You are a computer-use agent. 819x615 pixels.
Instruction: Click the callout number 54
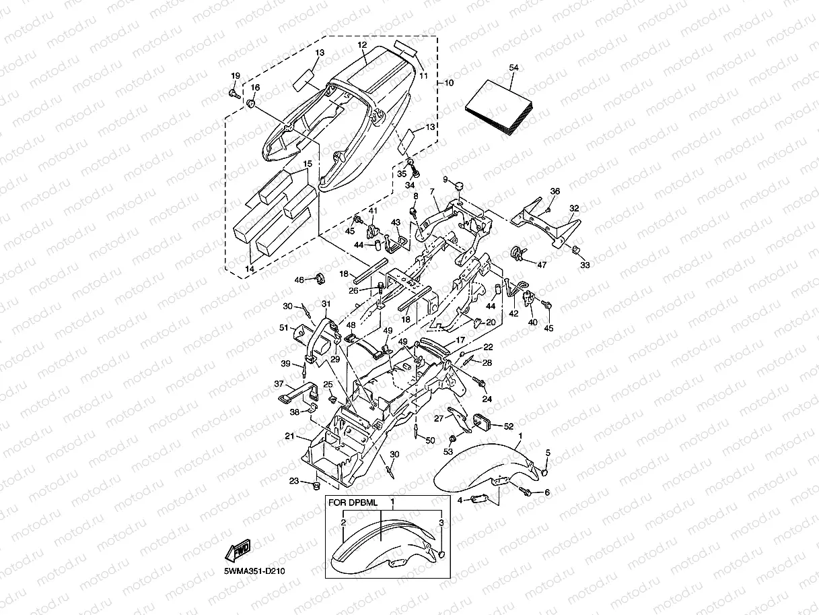point(514,68)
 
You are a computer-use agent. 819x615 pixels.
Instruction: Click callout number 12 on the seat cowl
point(362,44)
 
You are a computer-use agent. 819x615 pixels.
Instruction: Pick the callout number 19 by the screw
point(236,75)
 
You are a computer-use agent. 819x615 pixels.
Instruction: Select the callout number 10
point(449,83)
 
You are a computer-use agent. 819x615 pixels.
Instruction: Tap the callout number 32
point(574,209)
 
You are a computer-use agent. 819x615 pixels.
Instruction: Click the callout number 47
point(542,265)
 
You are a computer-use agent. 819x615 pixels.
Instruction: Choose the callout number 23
point(294,480)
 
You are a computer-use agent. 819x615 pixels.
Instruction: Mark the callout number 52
point(508,426)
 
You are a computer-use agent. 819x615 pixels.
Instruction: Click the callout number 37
point(279,383)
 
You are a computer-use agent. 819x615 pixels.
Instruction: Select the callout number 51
point(283,328)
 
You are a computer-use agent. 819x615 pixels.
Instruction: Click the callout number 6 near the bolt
point(546,492)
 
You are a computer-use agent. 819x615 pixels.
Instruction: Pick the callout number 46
point(301,279)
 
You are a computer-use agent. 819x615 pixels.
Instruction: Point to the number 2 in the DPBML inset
point(343,522)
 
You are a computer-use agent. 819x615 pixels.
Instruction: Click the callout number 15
point(308,164)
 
